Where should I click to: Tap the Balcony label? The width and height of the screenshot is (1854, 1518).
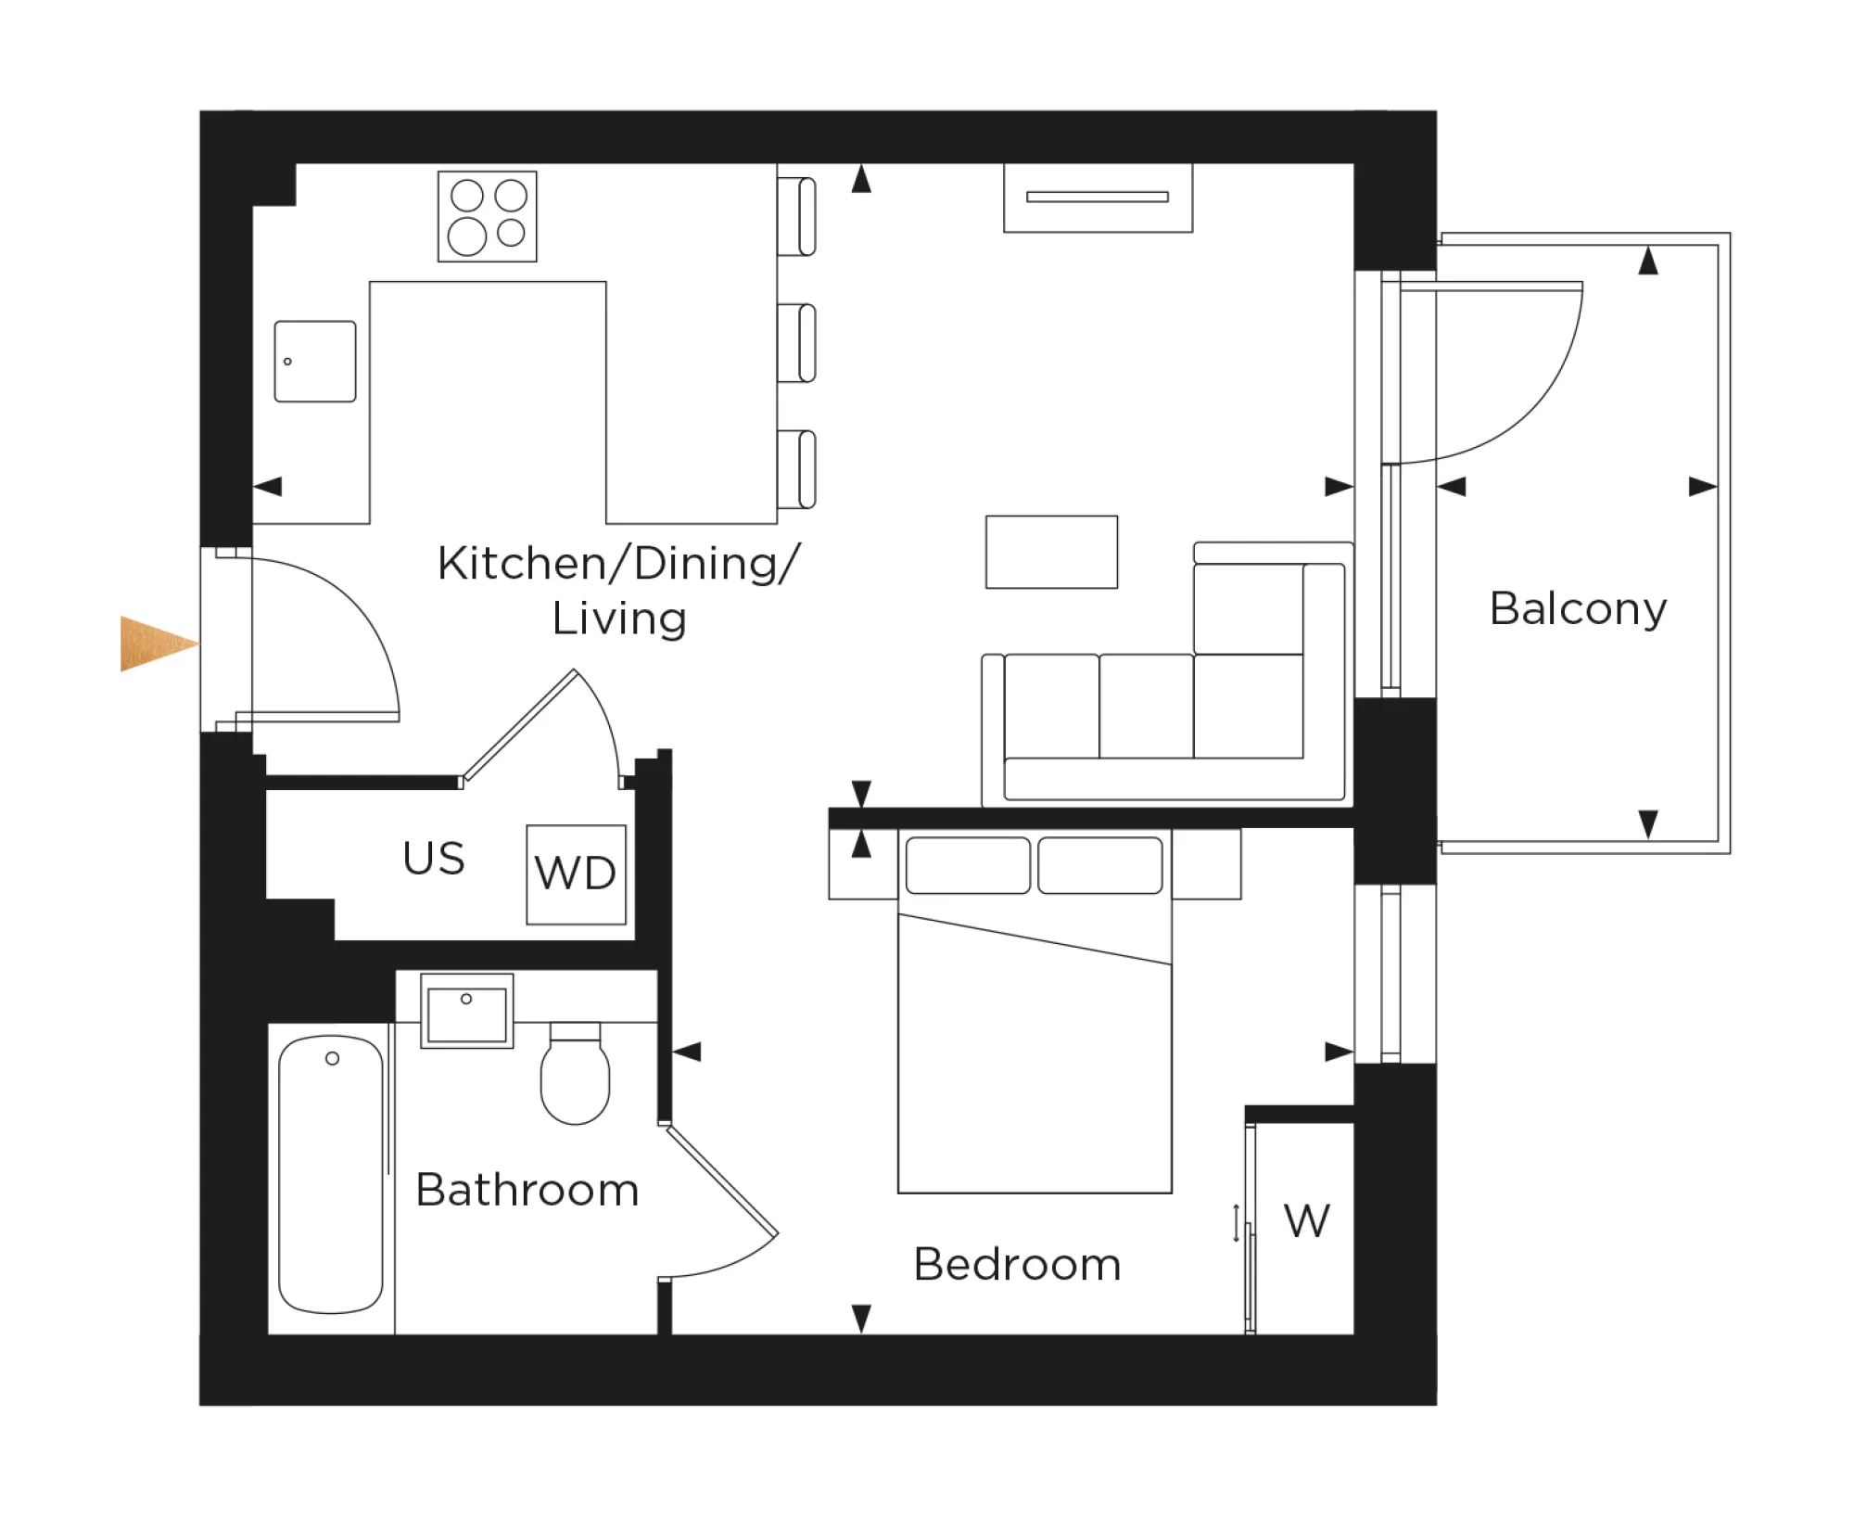click(x=1578, y=609)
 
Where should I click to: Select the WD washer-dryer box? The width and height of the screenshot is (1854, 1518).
click(x=576, y=874)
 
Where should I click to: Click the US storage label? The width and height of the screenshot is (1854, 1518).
click(x=433, y=859)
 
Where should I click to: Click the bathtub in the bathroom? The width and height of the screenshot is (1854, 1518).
click(x=331, y=1174)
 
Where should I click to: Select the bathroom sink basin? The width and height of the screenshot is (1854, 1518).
click(x=466, y=1012)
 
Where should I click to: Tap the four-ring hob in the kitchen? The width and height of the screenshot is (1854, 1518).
click(x=487, y=216)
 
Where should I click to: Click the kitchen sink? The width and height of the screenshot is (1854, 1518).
click(x=315, y=362)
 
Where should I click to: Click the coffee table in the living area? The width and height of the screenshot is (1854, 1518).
click(x=1051, y=552)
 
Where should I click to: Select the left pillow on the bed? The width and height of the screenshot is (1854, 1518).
click(x=968, y=865)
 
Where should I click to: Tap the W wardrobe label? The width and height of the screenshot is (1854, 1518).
click(x=1306, y=1221)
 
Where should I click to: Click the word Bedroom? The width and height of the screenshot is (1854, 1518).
click(x=1017, y=1265)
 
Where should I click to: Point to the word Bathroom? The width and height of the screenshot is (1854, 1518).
click(x=527, y=1191)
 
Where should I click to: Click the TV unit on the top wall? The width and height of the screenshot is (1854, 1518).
click(x=1098, y=198)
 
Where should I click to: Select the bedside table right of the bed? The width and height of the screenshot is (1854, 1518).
click(x=1206, y=864)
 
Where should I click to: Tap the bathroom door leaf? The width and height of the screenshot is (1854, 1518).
click(x=722, y=1180)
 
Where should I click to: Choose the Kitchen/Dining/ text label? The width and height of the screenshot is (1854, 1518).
click(x=618, y=564)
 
